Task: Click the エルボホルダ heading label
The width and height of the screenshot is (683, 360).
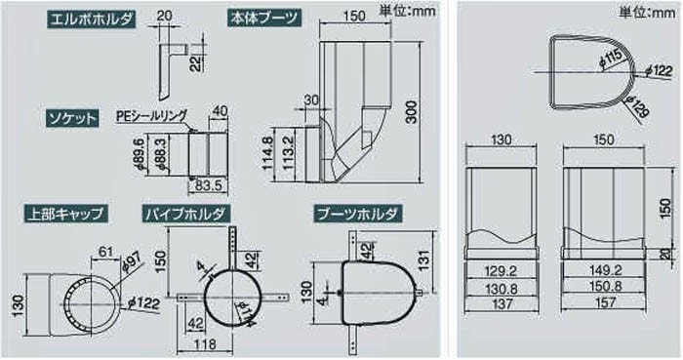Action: (91, 19)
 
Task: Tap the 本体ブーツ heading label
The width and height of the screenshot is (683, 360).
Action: (264, 19)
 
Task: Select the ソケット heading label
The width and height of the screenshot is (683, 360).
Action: (72, 118)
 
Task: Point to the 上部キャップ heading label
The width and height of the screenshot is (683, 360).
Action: (65, 214)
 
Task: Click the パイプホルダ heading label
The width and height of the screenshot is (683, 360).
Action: (185, 214)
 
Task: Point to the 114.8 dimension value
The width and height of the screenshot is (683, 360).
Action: (267, 154)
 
